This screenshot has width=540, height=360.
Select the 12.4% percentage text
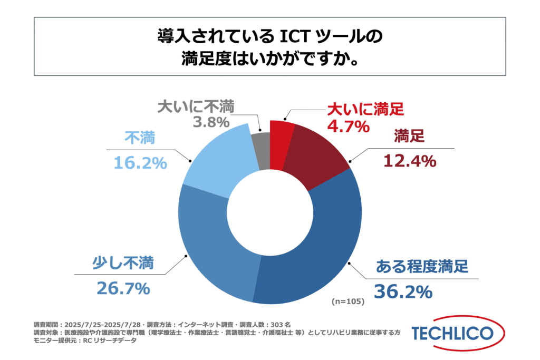tap(409, 160)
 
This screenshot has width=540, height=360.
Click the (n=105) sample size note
tap(348, 302)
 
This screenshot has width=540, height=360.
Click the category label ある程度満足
tap(422, 266)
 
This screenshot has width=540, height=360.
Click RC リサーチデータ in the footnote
tap(113, 340)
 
